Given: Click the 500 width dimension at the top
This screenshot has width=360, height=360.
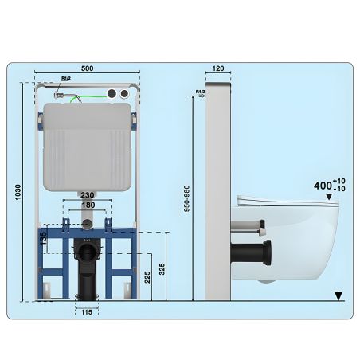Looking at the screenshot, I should [x=87, y=69].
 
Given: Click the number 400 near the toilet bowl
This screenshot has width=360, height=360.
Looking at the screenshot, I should [x=323, y=185].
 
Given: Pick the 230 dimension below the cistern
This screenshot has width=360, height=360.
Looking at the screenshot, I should [x=87, y=195].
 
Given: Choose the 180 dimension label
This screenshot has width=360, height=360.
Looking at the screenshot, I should [x=87, y=205].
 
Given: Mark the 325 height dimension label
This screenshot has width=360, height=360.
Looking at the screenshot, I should [x=162, y=267].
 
